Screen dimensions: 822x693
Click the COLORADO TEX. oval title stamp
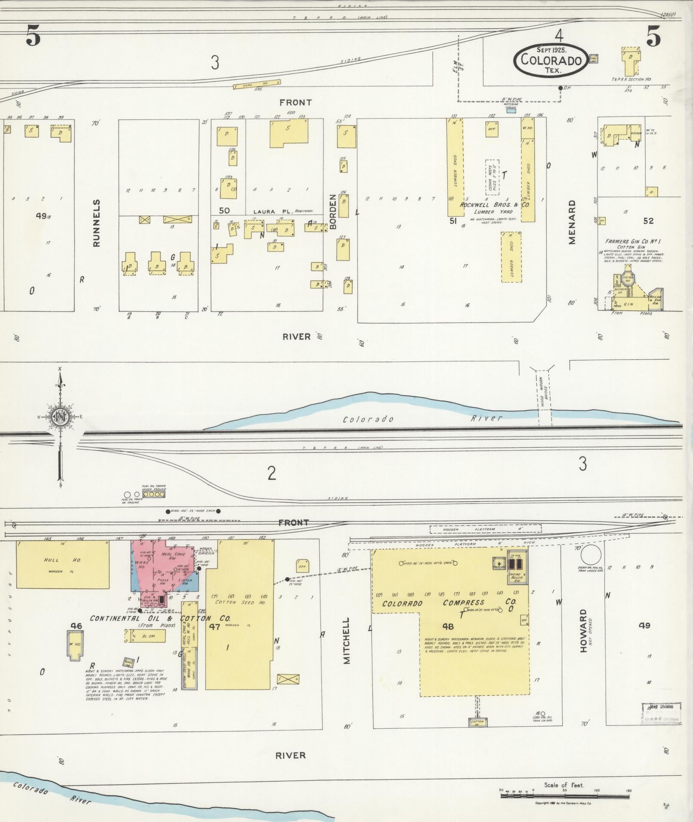click(x=551, y=60)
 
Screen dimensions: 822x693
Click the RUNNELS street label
click(x=97, y=223)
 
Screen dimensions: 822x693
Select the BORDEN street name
click(x=332, y=211)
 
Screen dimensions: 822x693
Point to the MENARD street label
click(x=571, y=222)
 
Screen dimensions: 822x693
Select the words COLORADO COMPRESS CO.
click(x=449, y=603)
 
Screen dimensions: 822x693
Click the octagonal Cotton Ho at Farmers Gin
click(x=628, y=278)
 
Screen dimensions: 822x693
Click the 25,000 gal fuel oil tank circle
click(x=591, y=555)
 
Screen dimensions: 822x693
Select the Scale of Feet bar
click(x=565, y=796)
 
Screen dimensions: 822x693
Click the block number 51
click(x=452, y=220)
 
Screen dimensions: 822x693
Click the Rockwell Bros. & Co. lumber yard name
click(x=495, y=205)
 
